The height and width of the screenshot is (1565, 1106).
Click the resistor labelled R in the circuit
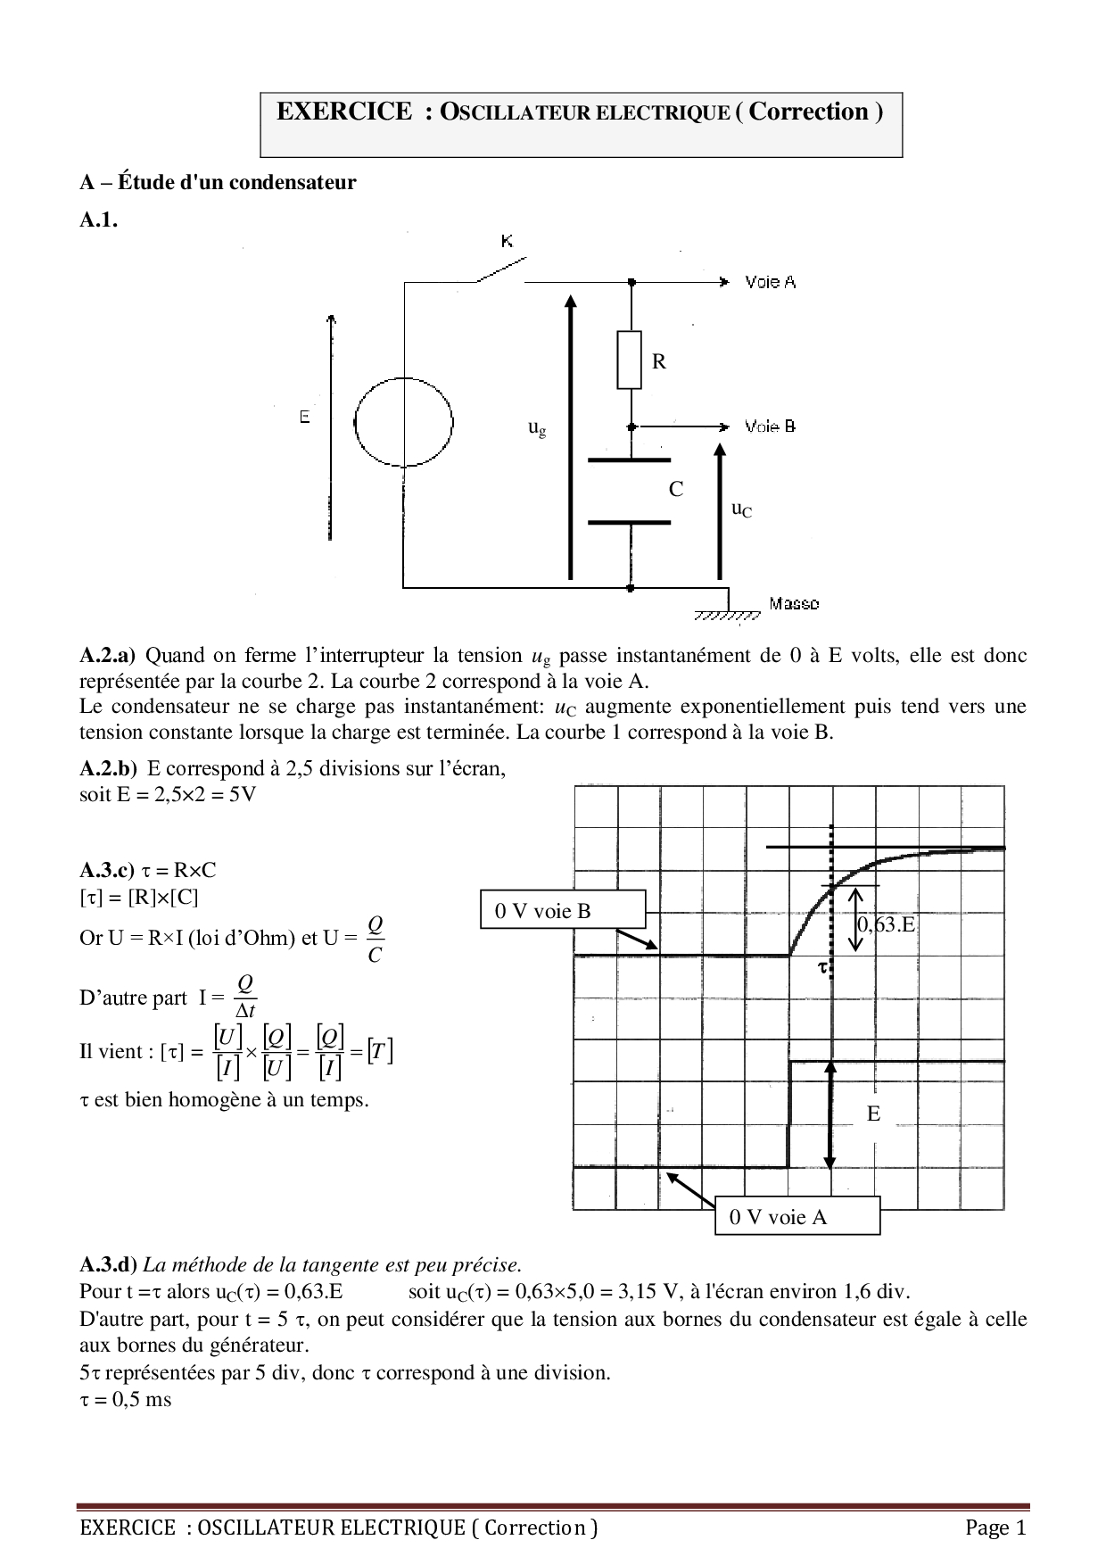pyautogui.click(x=629, y=360)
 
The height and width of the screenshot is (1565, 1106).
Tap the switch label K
pyautogui.click(x=507, y=241)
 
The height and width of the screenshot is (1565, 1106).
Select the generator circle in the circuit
pyautogui.click(x=403, y=421)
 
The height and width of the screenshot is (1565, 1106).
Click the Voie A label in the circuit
pyautogui.click(x=770, y=282)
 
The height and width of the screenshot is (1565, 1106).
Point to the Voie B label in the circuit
pyautogui.click(x=770, y=426)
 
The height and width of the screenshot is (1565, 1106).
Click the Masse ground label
pyautogui.click(x=793, y=604)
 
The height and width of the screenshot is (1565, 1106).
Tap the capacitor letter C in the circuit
pyautogui.click(x=676, y=489)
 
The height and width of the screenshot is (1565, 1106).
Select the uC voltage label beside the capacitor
pyautogui.click(x=741, y=509)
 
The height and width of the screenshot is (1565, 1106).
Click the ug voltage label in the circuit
pyautogui.click(x=537, y=428)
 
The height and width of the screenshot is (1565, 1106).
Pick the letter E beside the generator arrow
pyautogui.click(x=305, y=418)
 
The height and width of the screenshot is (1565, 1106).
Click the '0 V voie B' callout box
pyautogui.click(x=562, y=910)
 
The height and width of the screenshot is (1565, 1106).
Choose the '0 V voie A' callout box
pyautogui.click(x=797, y=1216)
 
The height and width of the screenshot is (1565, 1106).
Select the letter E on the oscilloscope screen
pyautogui.click(x=873, y=1114)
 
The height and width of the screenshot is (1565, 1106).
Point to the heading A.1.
pyautogui.click(x=98, y=220)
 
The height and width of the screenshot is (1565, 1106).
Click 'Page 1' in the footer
pyautogui.click(x=995, y=1528)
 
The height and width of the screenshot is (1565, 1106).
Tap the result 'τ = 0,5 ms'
pyautogui.click(x=126, y=1399)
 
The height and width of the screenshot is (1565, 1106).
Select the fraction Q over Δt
pyautogui.click(x=245, y=997)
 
